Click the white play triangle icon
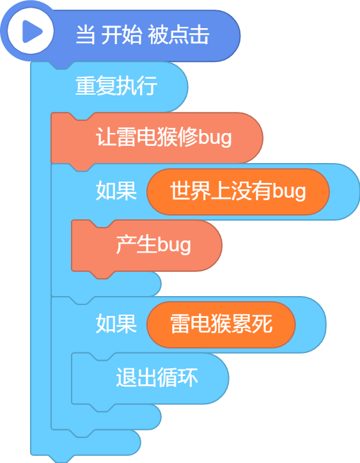(31, 31)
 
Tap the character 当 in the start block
(86, 35)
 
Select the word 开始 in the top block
(121, 35)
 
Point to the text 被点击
(178, 35)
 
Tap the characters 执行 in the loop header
(136, 86)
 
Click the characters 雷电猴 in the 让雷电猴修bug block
(147, 137)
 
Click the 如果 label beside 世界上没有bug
(116, 191)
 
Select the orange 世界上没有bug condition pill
(238, 192)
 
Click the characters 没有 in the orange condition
(251, 191)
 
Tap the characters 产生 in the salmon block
(136, 244)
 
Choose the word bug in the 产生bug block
(174, 245)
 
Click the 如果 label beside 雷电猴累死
(116, 324)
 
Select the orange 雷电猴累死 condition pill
(221, 324)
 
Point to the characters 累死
(252, 324)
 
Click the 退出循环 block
(150, 379)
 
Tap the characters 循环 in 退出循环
(177, 377)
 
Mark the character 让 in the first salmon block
(106, 137)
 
